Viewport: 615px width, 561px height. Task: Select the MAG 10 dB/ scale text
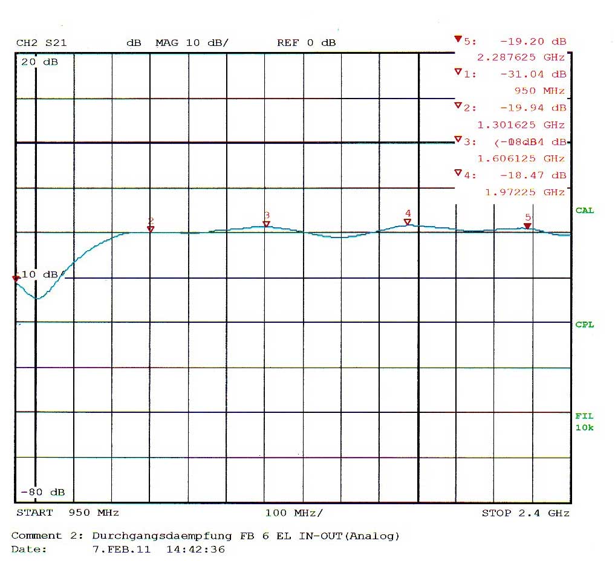tap(192, 43)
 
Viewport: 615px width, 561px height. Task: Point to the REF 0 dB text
tap(306, 43)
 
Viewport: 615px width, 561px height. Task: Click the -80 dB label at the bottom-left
tap(42, 492)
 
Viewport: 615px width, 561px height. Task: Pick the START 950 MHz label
tap(67, 513)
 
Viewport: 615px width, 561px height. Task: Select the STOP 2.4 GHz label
tap(525, 513)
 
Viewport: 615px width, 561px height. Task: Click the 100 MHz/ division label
tap(294, 513)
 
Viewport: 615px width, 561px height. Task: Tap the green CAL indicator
tap(584, 210)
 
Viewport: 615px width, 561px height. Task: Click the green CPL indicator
tap(584, 325)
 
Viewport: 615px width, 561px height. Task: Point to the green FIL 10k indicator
tap(584, 422)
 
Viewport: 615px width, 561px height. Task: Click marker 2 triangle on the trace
tap(151, 229)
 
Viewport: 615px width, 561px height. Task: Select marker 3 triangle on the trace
tap(266, 224)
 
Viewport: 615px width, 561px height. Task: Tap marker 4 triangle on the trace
tap(408, 222)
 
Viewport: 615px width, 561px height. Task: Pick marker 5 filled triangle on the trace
tap(527, 226)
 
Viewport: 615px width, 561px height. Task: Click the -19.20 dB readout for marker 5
tap(533, 42)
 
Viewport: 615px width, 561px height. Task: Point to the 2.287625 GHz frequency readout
tap(521, 57)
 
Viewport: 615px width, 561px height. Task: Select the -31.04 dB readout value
tap(533, 74)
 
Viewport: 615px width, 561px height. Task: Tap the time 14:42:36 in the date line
tap(195, 550)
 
